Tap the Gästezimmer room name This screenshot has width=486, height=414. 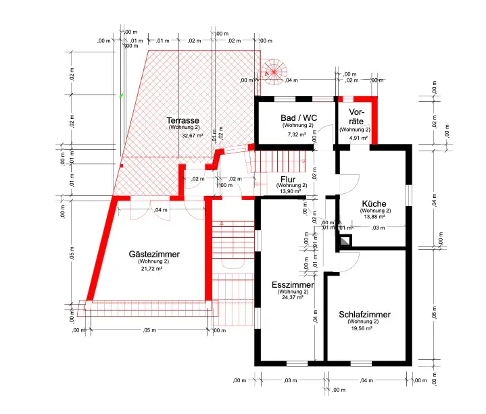[x=154, y=254]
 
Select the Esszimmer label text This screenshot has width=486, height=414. [x=292, y=285]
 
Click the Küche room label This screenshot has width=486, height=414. [x=374, y=204]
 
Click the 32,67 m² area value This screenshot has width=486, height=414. [x=192, y=135]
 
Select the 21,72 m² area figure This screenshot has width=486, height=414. [x=151, y=268]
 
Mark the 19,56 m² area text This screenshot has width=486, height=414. [x=364, y=329]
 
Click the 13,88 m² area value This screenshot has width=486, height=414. [x=374, y=217]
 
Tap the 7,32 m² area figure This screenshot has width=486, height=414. [x=297, y=134]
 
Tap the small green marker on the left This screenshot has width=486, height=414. [x=122, y=96]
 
